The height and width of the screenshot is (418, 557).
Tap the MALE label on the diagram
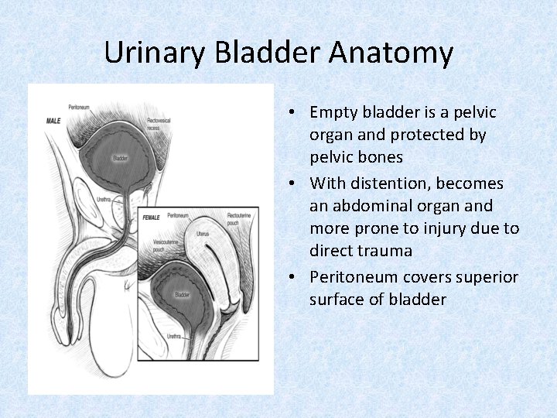[53, 121]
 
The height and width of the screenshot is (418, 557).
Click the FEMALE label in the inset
[151, 218]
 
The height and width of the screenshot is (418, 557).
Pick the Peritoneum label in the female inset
[178, 214]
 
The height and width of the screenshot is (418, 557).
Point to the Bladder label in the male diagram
[120, 158]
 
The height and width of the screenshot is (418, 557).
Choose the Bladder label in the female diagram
[182, 295]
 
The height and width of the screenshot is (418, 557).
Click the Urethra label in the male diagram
[104, 199]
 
